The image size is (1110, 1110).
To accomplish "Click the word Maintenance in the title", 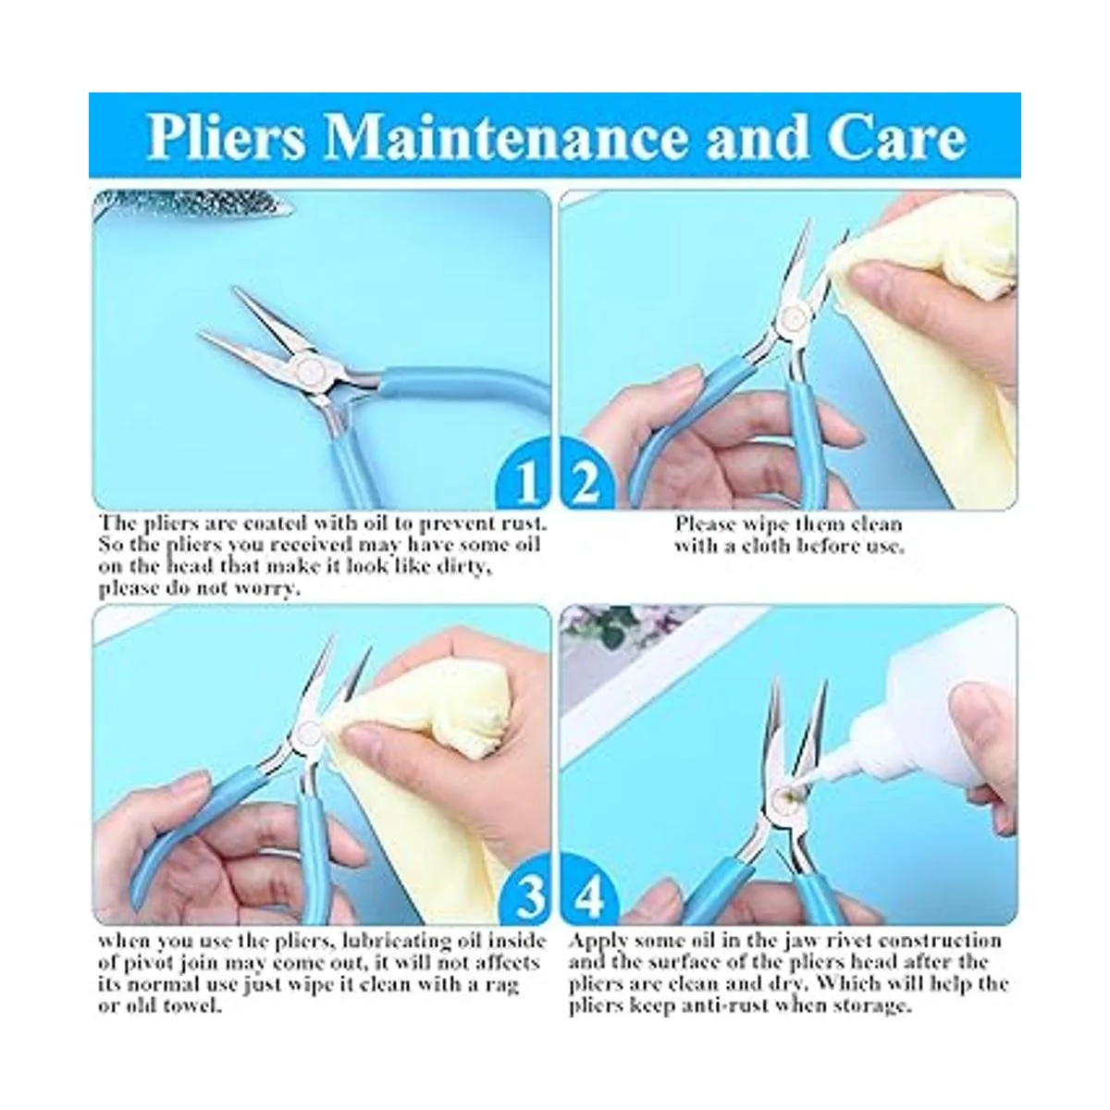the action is tap(506, 137).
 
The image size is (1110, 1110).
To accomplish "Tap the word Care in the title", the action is tap(895, 137).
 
